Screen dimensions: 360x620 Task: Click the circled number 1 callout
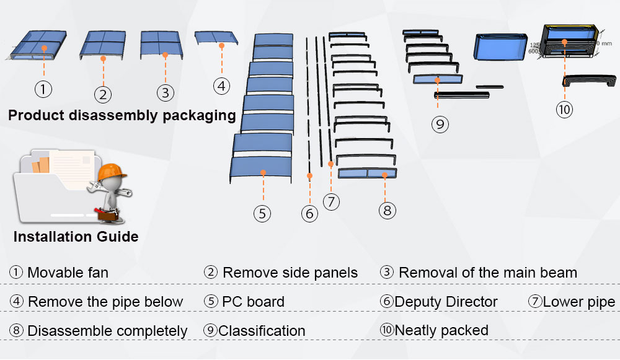(x=43, y=89)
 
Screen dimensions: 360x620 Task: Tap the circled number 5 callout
(x=262, y=214)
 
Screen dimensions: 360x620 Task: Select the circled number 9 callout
(x=440, y=124)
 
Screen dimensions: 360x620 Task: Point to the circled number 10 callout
(x=564, y=110)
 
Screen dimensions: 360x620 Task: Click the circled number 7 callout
(x=332, y=201)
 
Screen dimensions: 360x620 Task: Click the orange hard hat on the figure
(x=112, y=170)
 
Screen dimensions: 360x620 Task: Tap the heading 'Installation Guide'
(x=76, y=237)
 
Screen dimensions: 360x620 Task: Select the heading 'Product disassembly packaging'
(x=122, y=115)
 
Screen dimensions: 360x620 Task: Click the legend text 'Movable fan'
(x=68, y=273)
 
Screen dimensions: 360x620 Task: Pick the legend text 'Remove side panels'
(x=290, y=273)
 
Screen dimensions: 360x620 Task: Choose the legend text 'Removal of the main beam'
(x=487, y=273)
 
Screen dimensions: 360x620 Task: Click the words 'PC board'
(x=253, y=302)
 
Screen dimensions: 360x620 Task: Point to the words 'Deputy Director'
(x=446, y=302)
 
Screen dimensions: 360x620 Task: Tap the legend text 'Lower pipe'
(x=579, y=302)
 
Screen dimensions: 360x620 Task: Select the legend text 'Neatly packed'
(x=441, y=330)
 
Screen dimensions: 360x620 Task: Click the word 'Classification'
(x=262, y=331)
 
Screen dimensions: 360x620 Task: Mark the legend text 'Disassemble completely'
(x=107, y=331)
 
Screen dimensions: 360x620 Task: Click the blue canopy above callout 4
(x=217, y=37)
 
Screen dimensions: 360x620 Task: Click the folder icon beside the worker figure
(x=53, y=186)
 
